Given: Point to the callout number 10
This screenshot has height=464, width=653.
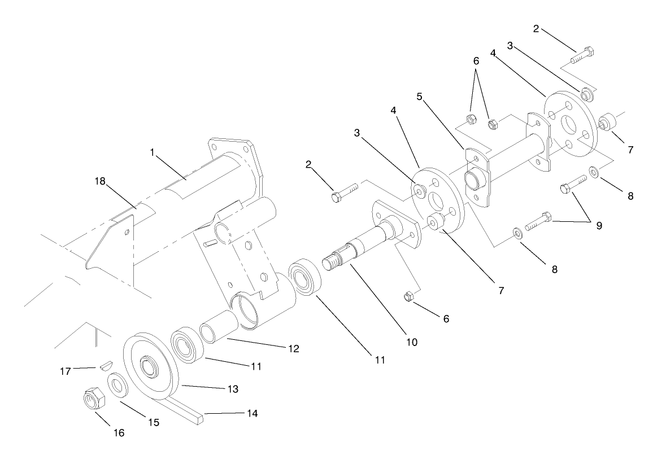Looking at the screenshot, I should [x=411, y=342].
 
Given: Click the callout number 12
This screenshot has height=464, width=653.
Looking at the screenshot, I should [x=293, y=349].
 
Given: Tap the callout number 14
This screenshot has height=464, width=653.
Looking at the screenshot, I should [x=252, y=414].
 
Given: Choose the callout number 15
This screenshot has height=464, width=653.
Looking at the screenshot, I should [x=154, y=422].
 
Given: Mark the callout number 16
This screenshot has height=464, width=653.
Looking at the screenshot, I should [x=119, y=434].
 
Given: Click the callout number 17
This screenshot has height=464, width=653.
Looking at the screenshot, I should [x=65, y=371].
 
